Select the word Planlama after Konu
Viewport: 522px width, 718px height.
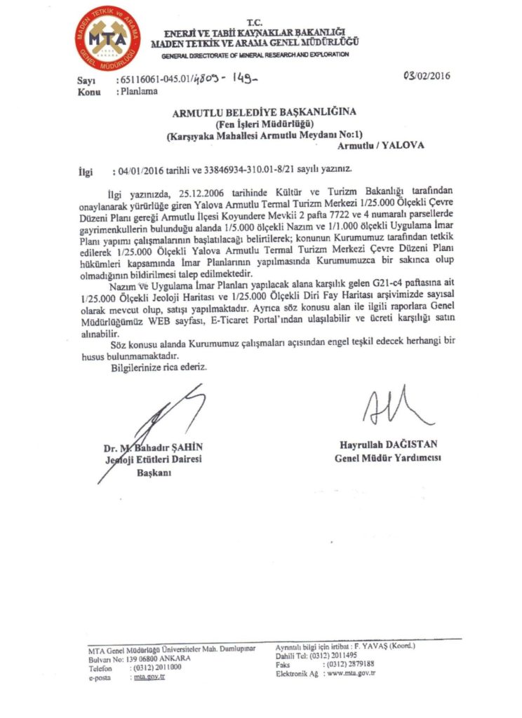(x=139, y=90)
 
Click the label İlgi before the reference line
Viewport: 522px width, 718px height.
(x=86, y=170)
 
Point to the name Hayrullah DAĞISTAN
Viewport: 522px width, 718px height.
(x=387, y=445)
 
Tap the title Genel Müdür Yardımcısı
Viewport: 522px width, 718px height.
(x=387, y=459)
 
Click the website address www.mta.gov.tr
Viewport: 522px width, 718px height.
(x=352, y=672)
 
